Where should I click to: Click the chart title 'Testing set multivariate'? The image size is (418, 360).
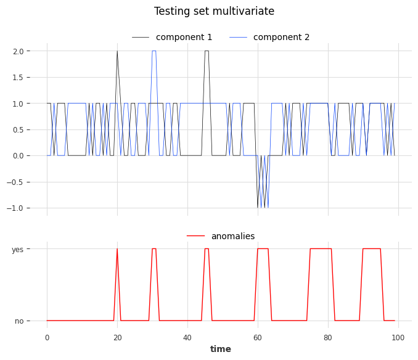(214, 12)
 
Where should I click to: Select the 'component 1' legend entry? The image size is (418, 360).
(184, 38)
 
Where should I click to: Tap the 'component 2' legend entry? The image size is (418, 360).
(281, 38)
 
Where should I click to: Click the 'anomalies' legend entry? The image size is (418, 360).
(232, 236)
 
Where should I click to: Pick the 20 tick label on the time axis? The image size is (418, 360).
(117, 337)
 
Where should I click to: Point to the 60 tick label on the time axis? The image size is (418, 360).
(258, 337)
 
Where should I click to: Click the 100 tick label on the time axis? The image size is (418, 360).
(398, 337)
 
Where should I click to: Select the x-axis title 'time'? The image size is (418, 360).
(220, 350)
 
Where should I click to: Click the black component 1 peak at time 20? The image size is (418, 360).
(117, 52)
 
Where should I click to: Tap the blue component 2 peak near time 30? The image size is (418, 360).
(154, 51)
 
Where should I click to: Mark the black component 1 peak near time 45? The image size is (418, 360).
(207, 51)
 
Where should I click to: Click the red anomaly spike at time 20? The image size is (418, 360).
(117, 250)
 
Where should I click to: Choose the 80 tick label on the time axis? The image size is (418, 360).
(328, 337)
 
